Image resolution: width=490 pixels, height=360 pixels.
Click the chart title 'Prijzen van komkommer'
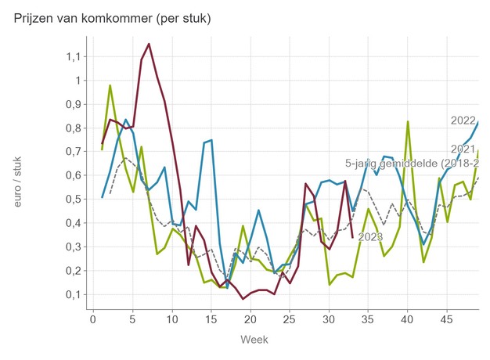click(x=113, y=16)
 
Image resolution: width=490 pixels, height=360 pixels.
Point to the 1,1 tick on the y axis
click(x=73, y=56)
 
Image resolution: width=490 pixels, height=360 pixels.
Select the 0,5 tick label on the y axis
click(x=73, y=199)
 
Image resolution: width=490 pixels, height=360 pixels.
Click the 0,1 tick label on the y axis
click(x=73, y=294)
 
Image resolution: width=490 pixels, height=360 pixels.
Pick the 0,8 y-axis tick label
click(x=73, y=128)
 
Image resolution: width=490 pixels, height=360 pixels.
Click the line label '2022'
click(x=463, y=121)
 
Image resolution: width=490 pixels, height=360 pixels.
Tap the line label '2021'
click(x=463, y=149)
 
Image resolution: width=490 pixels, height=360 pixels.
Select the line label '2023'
click(x=371, y=236)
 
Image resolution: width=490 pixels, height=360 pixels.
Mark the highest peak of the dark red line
click(x=149, y=44)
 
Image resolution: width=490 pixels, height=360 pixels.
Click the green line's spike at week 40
click(x=408, y=121)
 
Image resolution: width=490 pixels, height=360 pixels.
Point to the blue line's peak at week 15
click(x=211, y=140)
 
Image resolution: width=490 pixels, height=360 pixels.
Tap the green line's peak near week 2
click(x=110, y=85)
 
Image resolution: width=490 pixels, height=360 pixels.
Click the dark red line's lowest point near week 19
click(x=243, y=299)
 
